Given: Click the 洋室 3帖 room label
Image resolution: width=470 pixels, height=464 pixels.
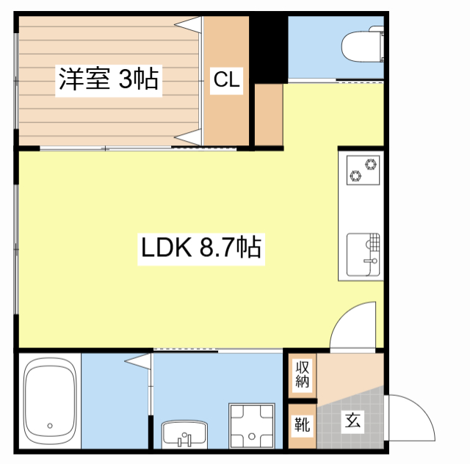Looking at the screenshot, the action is pos(109,79).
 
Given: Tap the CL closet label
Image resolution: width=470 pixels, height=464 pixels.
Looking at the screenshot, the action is pos(227,80).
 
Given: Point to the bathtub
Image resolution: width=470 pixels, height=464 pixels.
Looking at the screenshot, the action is pos(50,402).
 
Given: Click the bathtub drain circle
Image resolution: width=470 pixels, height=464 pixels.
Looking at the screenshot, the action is pos(50,426).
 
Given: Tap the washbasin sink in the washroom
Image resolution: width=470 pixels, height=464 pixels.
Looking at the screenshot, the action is pos(184,435).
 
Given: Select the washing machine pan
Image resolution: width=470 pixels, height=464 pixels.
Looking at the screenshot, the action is pos(252,426).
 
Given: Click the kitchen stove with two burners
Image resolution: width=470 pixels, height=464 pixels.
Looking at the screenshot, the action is pos(363,170).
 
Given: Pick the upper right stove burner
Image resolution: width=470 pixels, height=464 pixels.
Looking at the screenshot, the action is pos(371,164).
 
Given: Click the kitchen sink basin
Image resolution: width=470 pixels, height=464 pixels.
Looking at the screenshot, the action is pos(363,255).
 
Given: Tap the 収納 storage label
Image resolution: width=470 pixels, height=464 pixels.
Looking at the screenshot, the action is pos(302,374).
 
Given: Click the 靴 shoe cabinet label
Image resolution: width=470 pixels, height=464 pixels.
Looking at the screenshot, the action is pos(302,424).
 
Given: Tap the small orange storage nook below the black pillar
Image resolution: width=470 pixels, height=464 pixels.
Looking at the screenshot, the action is pos(269,115).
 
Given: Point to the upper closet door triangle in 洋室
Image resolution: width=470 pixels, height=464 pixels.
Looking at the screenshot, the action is pos(189,24).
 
